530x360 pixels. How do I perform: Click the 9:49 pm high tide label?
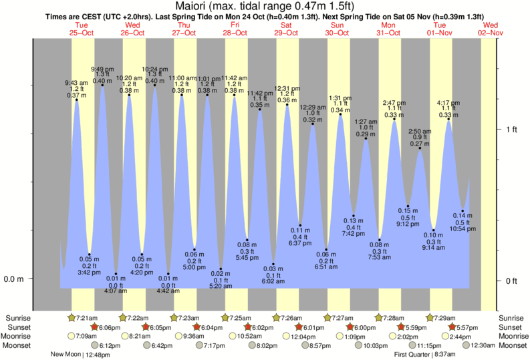(102, 75)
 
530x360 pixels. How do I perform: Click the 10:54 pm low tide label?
(462, 222)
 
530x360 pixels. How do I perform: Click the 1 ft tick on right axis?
(512, 129)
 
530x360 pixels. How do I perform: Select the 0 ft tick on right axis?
(512, 280)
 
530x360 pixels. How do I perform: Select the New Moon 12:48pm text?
(79, 355)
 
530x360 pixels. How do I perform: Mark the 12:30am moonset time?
(483, 345)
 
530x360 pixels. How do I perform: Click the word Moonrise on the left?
(19, 336)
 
